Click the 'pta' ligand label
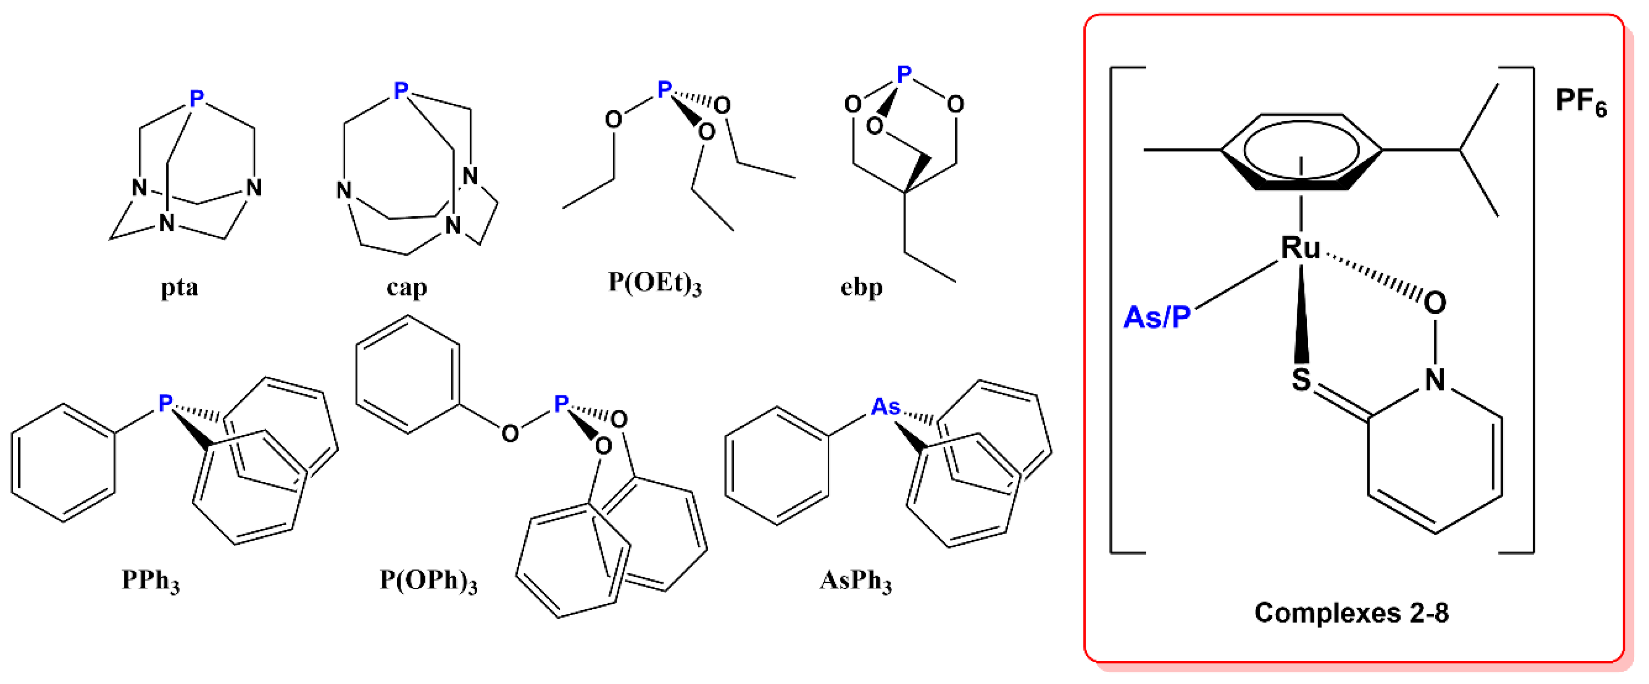click(179, 288)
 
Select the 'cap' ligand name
click(407, 288)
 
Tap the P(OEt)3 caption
click(654, 282)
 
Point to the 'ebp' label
click(861, 287)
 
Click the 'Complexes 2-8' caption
click(1351, 613)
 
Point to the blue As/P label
click(1157, 317)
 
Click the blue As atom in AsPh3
click(886, 407)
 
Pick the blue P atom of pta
click(196, 98)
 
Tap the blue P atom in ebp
click(904, 75)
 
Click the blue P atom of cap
click(401, 90)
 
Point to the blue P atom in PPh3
click(165, 403)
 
